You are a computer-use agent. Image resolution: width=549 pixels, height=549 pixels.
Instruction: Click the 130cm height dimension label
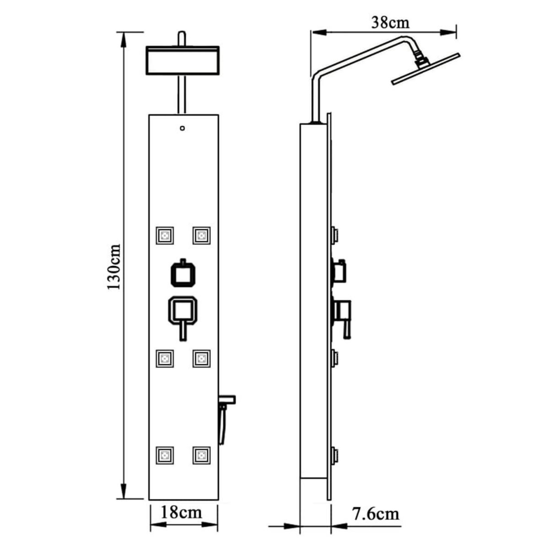[x=113, y=266]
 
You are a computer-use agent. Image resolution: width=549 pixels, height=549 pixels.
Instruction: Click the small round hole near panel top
[x=183, y=129]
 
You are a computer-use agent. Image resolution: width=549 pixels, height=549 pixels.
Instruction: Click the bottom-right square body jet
[x=201, y=455]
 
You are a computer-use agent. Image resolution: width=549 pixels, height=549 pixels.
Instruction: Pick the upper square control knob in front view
[x=183, y=274]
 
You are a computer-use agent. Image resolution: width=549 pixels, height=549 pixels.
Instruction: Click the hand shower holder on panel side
[x=227, y=400]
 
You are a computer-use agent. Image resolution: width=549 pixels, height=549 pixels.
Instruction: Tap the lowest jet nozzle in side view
[x=335, y=455]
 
